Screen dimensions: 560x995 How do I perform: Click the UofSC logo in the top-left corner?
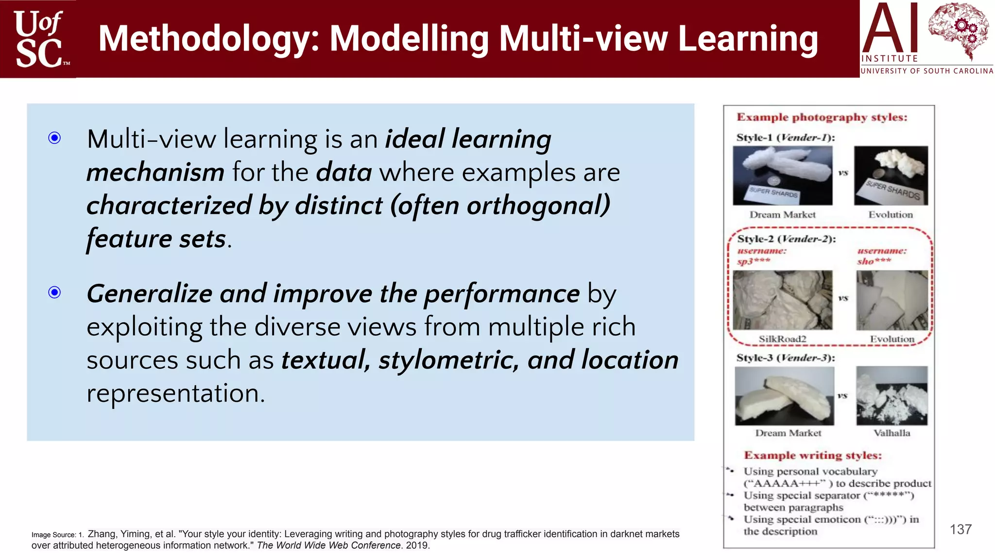pos(39,39)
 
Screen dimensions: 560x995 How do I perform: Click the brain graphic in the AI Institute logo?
pos(958,30)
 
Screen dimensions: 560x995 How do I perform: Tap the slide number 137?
pos(961,529)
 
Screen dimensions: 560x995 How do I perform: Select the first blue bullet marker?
pos(55,138)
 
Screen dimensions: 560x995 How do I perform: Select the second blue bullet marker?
pos(55,292)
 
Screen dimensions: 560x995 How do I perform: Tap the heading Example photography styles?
pos(822,117)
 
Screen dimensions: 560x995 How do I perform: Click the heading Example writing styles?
pos(813,455)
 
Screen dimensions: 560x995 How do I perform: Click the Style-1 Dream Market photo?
pos(782,175)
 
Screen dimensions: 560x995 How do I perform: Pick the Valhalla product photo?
pos(892,396)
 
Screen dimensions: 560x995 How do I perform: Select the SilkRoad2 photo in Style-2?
pos(782,300)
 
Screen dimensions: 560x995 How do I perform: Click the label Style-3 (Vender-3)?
pos(786,358)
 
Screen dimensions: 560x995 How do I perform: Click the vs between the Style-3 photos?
pos(842,396)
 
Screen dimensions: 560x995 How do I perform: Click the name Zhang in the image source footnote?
pos(102,534)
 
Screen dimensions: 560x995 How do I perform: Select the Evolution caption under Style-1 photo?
pos(891,215)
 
